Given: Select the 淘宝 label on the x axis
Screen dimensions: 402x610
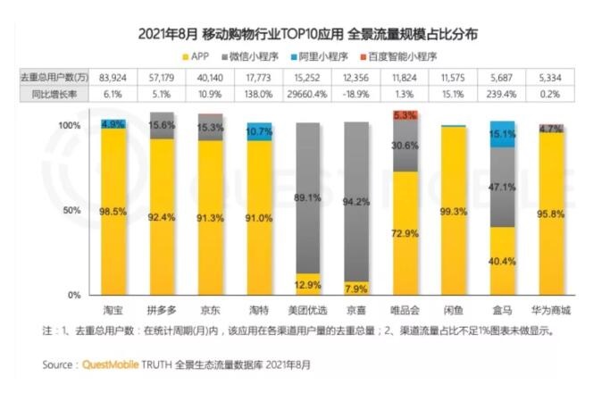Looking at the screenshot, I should [113, 310].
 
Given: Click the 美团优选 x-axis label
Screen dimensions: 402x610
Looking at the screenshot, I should [308, 310].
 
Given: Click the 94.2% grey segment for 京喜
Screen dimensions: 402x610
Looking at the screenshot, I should [355, 201].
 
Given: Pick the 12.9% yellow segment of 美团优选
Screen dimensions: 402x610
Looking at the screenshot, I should [308, 284].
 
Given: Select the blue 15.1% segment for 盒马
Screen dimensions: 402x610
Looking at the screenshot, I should [503, 134].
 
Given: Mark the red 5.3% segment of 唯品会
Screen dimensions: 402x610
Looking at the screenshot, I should [405, 115].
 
